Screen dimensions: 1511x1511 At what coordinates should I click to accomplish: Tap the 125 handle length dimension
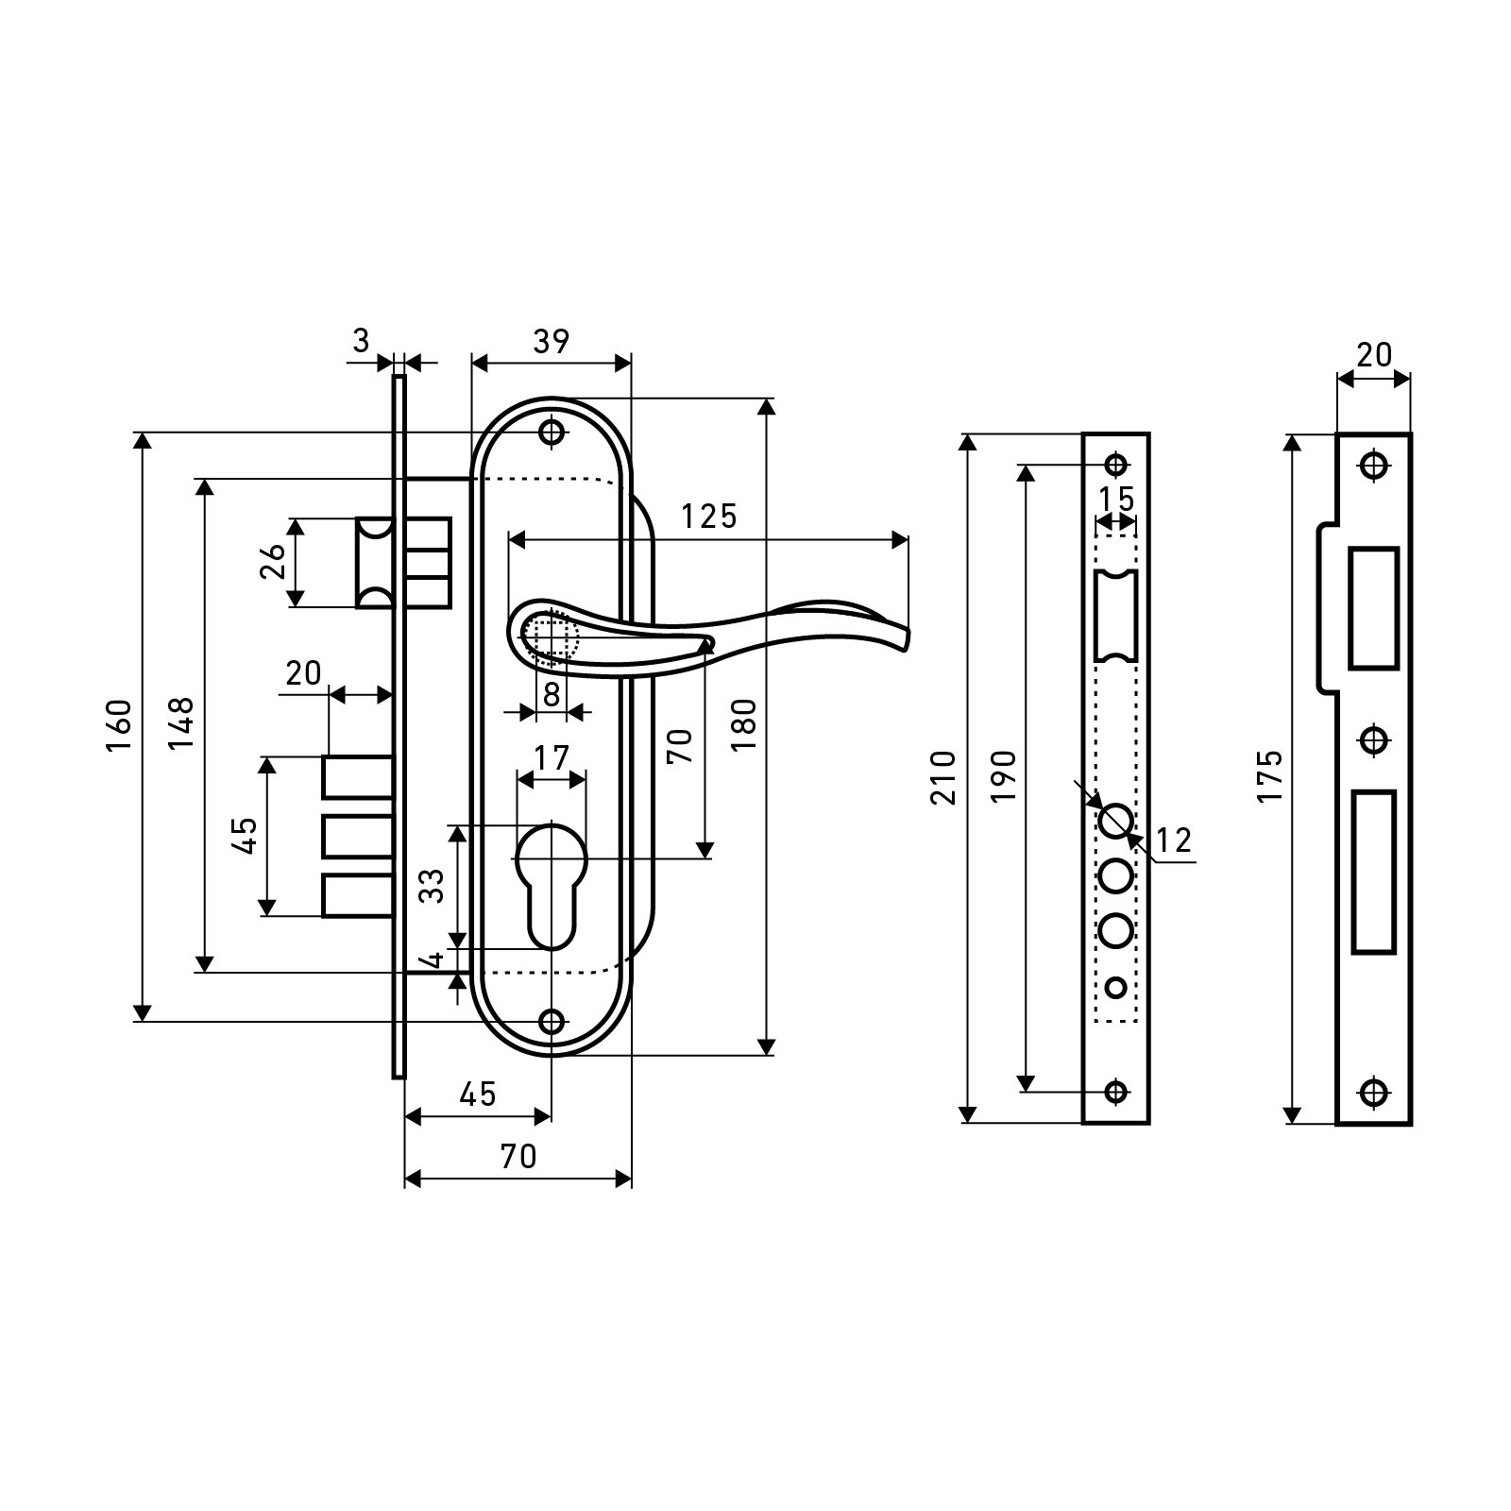click(x=709, y=517)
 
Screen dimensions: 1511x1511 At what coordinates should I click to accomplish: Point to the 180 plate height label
click(x=744, y=724)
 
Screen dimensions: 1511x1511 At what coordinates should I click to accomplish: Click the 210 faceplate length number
click(x=944, y=777)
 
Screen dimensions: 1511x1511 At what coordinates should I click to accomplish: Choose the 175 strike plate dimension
click(x=1270, y=776)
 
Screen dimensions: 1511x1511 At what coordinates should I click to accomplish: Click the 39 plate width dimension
click(x=551, y=342)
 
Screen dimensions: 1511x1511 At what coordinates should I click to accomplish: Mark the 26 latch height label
click(x=271, y=562)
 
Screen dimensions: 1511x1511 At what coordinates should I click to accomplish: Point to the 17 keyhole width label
click(x=552, y=757)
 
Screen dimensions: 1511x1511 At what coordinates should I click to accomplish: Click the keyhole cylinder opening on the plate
click(x=552, y=878)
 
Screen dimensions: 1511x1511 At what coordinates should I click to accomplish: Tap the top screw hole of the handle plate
click(x=552, y=433)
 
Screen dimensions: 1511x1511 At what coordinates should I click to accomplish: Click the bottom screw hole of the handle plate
click(x=552, y=1022)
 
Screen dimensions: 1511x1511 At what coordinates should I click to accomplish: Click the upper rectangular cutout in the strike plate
click(x=1374, y=608)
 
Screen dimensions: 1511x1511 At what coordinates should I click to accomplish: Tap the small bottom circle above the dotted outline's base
click(x=1116, y=988)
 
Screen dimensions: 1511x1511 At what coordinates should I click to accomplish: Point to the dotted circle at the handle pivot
click(x=550, y=635)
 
